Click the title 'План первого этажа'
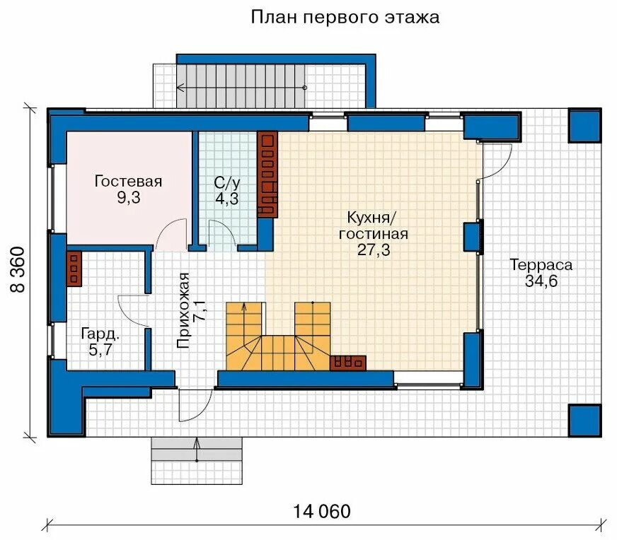(345, 17)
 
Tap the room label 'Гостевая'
(128, 182)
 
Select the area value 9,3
(128, 198)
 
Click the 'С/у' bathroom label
(226, 182)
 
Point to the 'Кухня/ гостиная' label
(373, 225)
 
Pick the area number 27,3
(373, 250)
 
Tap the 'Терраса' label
(541, 266)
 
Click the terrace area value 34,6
(541, 282)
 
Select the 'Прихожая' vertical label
(184, 311)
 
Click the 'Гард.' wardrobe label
(98, 332)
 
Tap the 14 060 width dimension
(321, 511)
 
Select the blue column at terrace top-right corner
(584, 125)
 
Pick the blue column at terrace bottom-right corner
(584, 420)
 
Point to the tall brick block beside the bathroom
(267, 175)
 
